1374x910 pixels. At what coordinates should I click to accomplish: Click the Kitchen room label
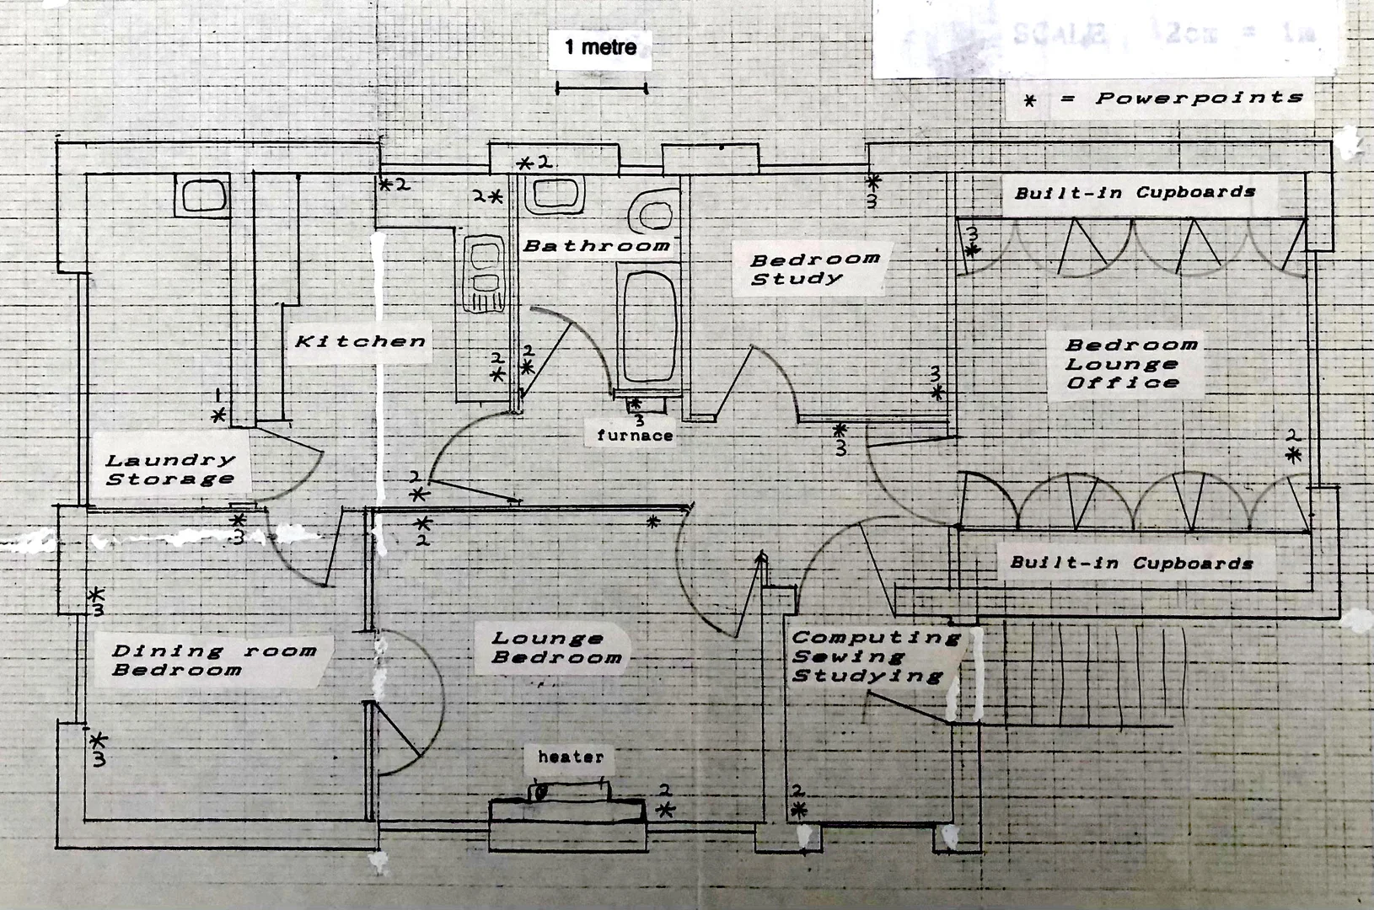coord(360,341)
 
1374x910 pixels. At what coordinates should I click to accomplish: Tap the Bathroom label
coord(596,246)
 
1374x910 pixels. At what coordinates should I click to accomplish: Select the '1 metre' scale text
coord(600,46)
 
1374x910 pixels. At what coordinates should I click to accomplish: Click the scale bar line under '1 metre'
coord(601,87)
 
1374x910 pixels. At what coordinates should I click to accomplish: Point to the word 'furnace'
coord(635,436)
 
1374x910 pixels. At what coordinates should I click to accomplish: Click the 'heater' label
coord(571,757)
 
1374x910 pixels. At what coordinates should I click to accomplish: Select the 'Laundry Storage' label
coord(169,469)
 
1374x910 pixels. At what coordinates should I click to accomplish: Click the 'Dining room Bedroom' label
coord(213,660)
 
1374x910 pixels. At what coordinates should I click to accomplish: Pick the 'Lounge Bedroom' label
coord(556,648)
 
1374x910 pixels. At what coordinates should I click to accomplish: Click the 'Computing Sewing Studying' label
coord(875,656)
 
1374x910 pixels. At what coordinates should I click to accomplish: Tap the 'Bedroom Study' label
coord(814,268)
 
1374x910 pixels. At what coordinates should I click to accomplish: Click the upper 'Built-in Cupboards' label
coord(1135,192)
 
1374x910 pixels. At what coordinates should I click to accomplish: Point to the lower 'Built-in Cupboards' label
coord(1131,563)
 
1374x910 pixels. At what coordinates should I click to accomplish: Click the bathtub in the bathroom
coord(649,324)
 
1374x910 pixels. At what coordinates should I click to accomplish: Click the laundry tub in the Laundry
coord(202,195)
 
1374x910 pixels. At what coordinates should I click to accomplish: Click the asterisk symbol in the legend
coord(1030,101)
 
